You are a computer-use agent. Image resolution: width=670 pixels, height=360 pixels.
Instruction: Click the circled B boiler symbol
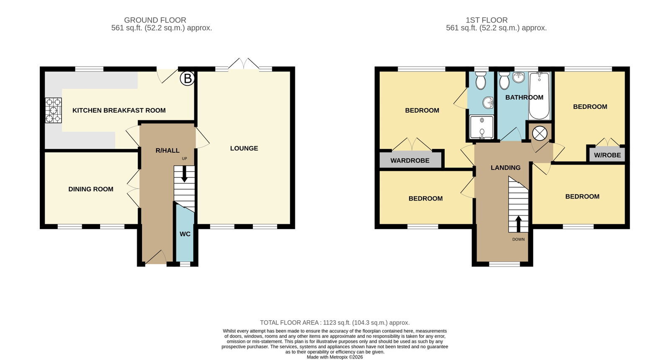(x=187, y=79)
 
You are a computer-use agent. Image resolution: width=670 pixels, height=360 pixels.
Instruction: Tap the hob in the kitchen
(x=54, y=111)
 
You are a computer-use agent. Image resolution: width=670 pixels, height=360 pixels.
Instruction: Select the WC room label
(x=185, y=234)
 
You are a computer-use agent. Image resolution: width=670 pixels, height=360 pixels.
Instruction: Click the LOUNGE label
(x=244, y=148)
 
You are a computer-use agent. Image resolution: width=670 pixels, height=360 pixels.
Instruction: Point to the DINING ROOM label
(x=91, y=189)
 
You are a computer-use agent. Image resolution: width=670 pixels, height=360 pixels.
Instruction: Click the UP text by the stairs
(x=184, y=159)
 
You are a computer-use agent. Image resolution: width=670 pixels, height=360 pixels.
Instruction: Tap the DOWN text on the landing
(x=518, y=239)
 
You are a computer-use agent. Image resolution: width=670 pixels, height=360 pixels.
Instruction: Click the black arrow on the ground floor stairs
(x=184, y=173)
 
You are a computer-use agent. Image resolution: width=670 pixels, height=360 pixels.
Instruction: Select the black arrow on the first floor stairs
(x=518, y=224)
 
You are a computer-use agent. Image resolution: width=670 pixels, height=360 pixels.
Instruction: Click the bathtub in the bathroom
(x=539, y=96)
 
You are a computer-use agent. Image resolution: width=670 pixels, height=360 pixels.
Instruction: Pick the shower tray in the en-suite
(x=482, y=128)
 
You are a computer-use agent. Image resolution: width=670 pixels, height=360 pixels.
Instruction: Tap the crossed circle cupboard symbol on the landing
(x=540, y=134)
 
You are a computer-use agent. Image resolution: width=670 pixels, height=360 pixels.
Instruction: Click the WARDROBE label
(x=410, y=161)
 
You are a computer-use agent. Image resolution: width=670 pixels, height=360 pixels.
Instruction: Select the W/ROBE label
(x=608, y=155)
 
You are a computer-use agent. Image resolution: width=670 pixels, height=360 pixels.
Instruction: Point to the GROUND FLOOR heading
(x=155, y=20)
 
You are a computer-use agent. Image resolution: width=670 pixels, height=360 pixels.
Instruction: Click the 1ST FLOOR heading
(x=487, y=20)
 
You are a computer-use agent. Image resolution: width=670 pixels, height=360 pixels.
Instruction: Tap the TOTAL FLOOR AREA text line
(x=335, y=323)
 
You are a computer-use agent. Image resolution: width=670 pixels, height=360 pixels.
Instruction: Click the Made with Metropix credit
(x=335, y=357)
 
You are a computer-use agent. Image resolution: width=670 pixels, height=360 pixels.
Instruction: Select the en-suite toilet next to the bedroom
(x=481, y=80)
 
